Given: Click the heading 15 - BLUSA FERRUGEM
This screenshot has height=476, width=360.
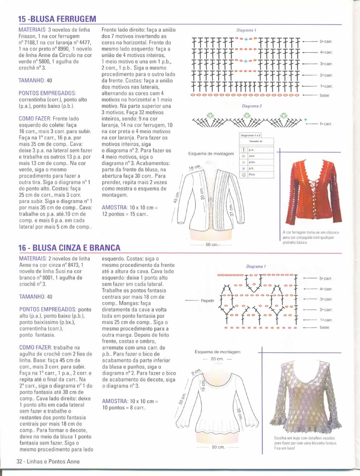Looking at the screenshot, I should [x=57, y=19].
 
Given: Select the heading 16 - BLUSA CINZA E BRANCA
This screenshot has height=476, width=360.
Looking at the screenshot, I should [x=69, y=248].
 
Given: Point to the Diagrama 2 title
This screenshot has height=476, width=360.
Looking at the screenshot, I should [x=251, y=106].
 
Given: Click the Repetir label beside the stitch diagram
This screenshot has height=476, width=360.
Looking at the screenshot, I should [x=207, y=300].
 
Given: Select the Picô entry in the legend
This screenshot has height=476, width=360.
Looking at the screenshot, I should [x=252, y=175].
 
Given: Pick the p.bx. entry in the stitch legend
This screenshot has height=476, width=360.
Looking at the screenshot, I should [x=252, y=162].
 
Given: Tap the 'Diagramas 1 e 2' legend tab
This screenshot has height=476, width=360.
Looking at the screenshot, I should [x=250, y=135].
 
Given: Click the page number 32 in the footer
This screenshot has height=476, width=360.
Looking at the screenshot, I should [x=19, y=461].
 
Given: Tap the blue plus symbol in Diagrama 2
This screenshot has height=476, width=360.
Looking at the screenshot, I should [x=306, y=120].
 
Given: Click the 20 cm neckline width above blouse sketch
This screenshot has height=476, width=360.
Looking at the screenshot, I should [x=217, y=359].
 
